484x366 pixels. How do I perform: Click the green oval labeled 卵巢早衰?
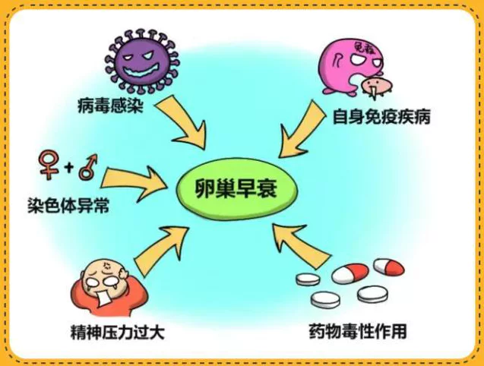(x=237, y=189)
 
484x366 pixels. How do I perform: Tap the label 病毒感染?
(x=111, y=106)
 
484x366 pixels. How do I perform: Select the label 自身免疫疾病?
(x=381, y=117)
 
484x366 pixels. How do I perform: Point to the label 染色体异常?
(x=68, y=205)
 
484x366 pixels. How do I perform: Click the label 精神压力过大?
(x=118, y=332)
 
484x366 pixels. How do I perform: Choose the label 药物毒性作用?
(x=358, y=331)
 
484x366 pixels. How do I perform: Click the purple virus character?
(x=142, y=62)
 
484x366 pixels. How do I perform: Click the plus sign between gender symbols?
(x=69, y=168)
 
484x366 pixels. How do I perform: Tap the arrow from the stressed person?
(x=161, y=250)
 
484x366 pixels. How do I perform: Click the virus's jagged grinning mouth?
(x=141, y=71)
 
